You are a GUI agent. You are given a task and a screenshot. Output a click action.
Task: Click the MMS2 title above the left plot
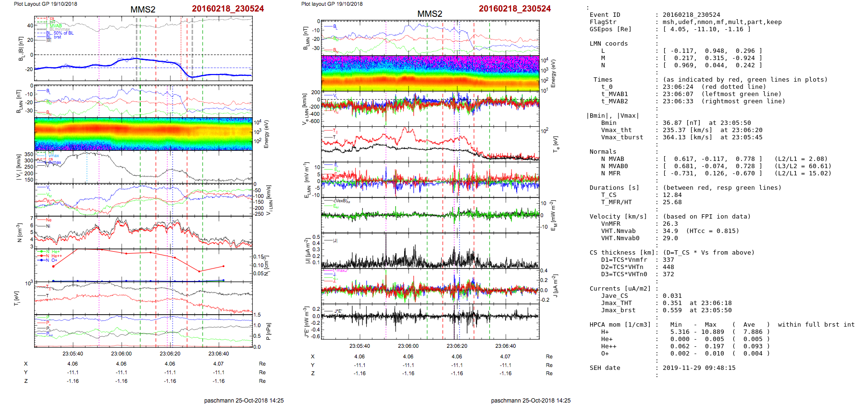tap(143, 10)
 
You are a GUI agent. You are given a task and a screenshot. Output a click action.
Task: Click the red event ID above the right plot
tap(514, 9)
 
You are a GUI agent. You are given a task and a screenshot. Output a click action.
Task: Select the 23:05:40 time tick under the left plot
tap(73, 354)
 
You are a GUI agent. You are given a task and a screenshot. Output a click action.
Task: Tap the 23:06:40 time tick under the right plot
tap(505, 346)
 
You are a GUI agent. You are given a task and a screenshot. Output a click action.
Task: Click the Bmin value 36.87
tap(672, 123)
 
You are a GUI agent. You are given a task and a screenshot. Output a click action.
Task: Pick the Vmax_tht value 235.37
tap(674, 130)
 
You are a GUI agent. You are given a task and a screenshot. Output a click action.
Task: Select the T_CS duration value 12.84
tap(672, 195)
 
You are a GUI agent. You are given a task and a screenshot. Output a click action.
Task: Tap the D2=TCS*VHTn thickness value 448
tap(668, 267)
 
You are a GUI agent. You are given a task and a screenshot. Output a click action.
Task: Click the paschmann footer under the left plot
tap(244, 400)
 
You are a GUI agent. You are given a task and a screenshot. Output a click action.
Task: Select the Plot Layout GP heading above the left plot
tap(45, 4)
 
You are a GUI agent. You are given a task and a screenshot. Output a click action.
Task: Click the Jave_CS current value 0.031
tap(672, 296)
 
